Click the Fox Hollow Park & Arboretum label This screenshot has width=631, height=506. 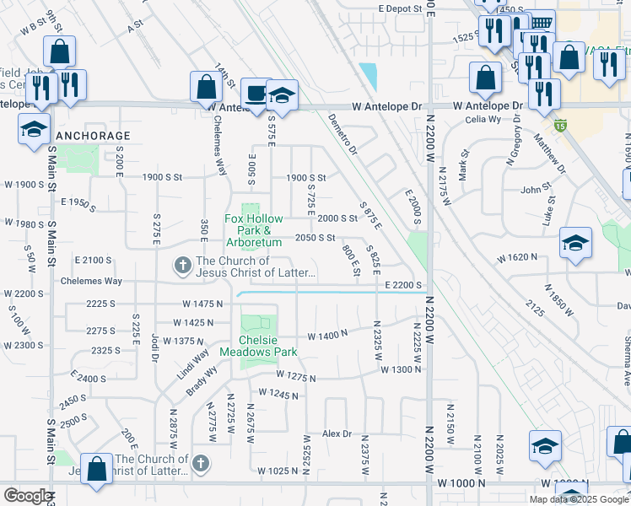coord(253,230)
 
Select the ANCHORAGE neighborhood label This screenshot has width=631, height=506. coord(93,135)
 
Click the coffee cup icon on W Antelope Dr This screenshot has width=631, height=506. coord(254,94)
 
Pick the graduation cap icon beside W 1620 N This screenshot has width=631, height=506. coord(575,244)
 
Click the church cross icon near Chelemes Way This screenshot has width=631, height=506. coord(181,266)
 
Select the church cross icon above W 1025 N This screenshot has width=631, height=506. coord(200,463)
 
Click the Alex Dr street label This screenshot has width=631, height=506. coord(337,433)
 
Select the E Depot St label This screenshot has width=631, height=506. coord(400,8)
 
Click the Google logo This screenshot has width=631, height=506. coord(27,496)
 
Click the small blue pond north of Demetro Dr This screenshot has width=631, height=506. coord(368,77)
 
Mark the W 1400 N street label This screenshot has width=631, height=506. coord(328,336)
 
